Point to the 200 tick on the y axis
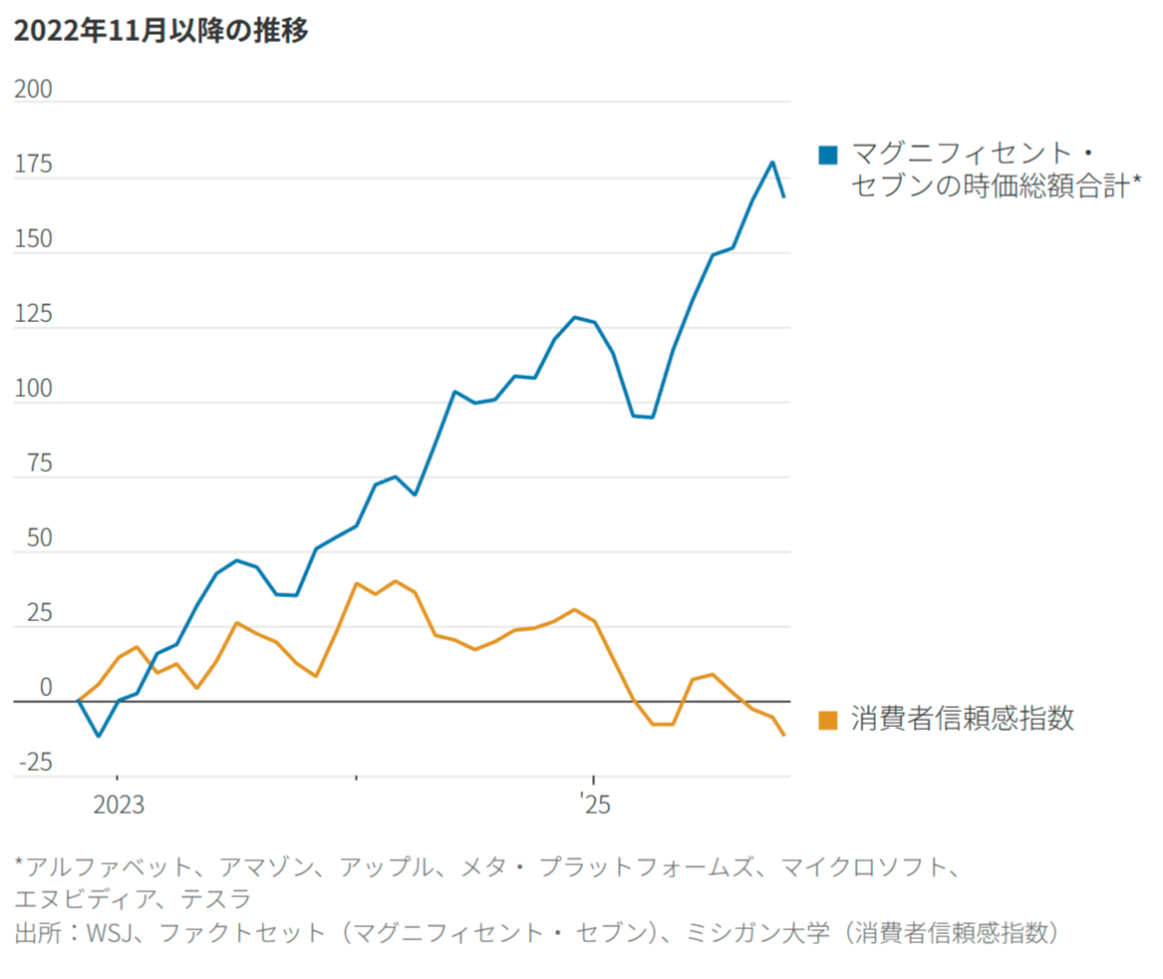click(x=33, y=90)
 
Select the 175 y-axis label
click(x=33, y=165)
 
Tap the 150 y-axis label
click(x=33, y=240)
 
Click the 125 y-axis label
click(x=33, y=315)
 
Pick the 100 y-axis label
click(x=33, y=390)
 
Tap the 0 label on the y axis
click(x=45, y=689)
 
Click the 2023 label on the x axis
click(x=119, y=805)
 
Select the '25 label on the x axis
click(x=596, y=805)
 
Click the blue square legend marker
click(x=828, y=155)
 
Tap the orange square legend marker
click(x=828, y=720)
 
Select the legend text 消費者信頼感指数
click(x=963, y=720)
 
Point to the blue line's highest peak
click(x=772, y=163)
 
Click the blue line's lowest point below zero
click(x=98, y=736)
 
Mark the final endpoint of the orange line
click(x=785, y=736)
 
